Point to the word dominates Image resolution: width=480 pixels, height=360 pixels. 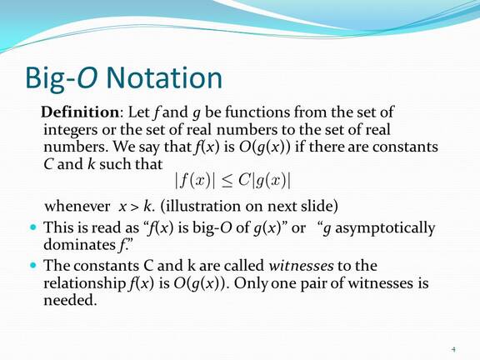coord(80,245)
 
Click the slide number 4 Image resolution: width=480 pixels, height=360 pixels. coord(453,347)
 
